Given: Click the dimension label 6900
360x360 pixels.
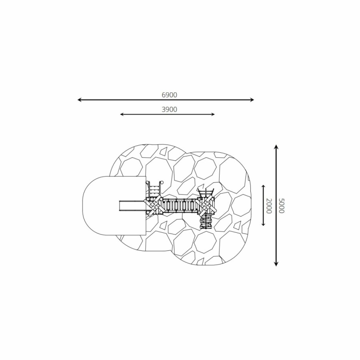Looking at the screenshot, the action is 170,95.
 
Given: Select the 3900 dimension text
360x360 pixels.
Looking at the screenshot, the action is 170,110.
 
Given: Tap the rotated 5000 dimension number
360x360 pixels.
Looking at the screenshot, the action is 282,206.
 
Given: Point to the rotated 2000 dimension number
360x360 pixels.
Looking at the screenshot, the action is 269,206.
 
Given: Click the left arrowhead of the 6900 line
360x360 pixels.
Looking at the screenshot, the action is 80,100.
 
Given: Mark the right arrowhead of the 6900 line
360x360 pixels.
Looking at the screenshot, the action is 252,100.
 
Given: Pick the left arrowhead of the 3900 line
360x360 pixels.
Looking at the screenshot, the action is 122,114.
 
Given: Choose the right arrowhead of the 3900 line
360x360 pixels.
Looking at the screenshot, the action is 213,114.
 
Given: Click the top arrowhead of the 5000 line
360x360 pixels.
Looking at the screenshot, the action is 276,147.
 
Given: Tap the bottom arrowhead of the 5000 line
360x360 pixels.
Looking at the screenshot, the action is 276,264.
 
